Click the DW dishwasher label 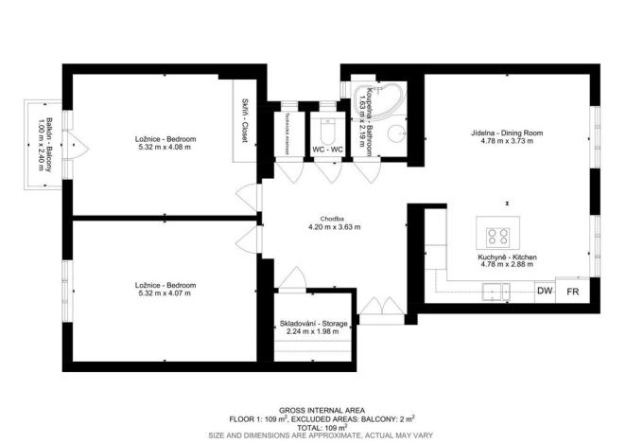[x=546, y=292]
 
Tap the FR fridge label [x=573, y=292]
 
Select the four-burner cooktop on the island [x=498, y=235]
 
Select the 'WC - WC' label [x=328, y=150]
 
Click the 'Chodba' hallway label [x=331, y=219]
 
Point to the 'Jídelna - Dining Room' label [x=508, y=134]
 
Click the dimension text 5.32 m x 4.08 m [x=165, y=148]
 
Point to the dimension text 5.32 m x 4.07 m [x=165, y=293]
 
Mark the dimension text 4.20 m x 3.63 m [x=334, y=228]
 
